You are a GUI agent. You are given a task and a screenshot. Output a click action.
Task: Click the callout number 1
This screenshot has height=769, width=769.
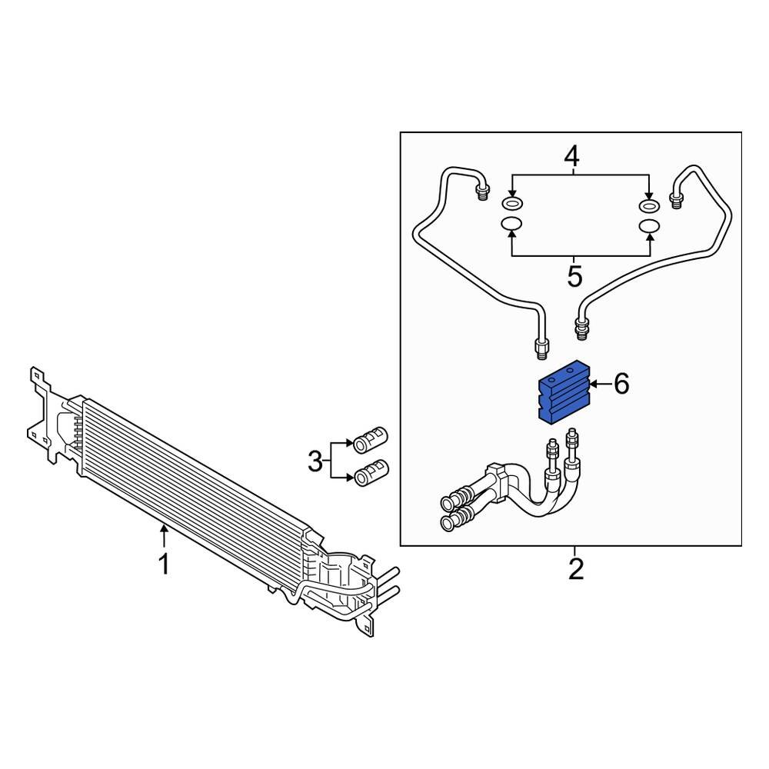click(163, 564)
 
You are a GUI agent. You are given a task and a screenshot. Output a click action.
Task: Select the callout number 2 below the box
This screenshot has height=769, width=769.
click(575, 570)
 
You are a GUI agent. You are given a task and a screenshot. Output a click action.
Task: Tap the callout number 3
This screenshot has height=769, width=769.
click(315, 462)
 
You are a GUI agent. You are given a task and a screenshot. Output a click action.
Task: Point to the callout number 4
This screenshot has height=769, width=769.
click(571, 158)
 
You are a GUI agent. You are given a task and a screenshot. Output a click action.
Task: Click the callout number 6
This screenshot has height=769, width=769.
click(621, 384)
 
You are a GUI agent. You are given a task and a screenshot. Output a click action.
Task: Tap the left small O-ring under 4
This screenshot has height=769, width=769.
click(511, 205)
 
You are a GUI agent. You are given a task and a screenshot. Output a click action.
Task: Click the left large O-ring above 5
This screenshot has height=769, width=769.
click(511, 225)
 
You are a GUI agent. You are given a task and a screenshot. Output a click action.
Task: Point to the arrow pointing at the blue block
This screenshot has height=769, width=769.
click(600, 383)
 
